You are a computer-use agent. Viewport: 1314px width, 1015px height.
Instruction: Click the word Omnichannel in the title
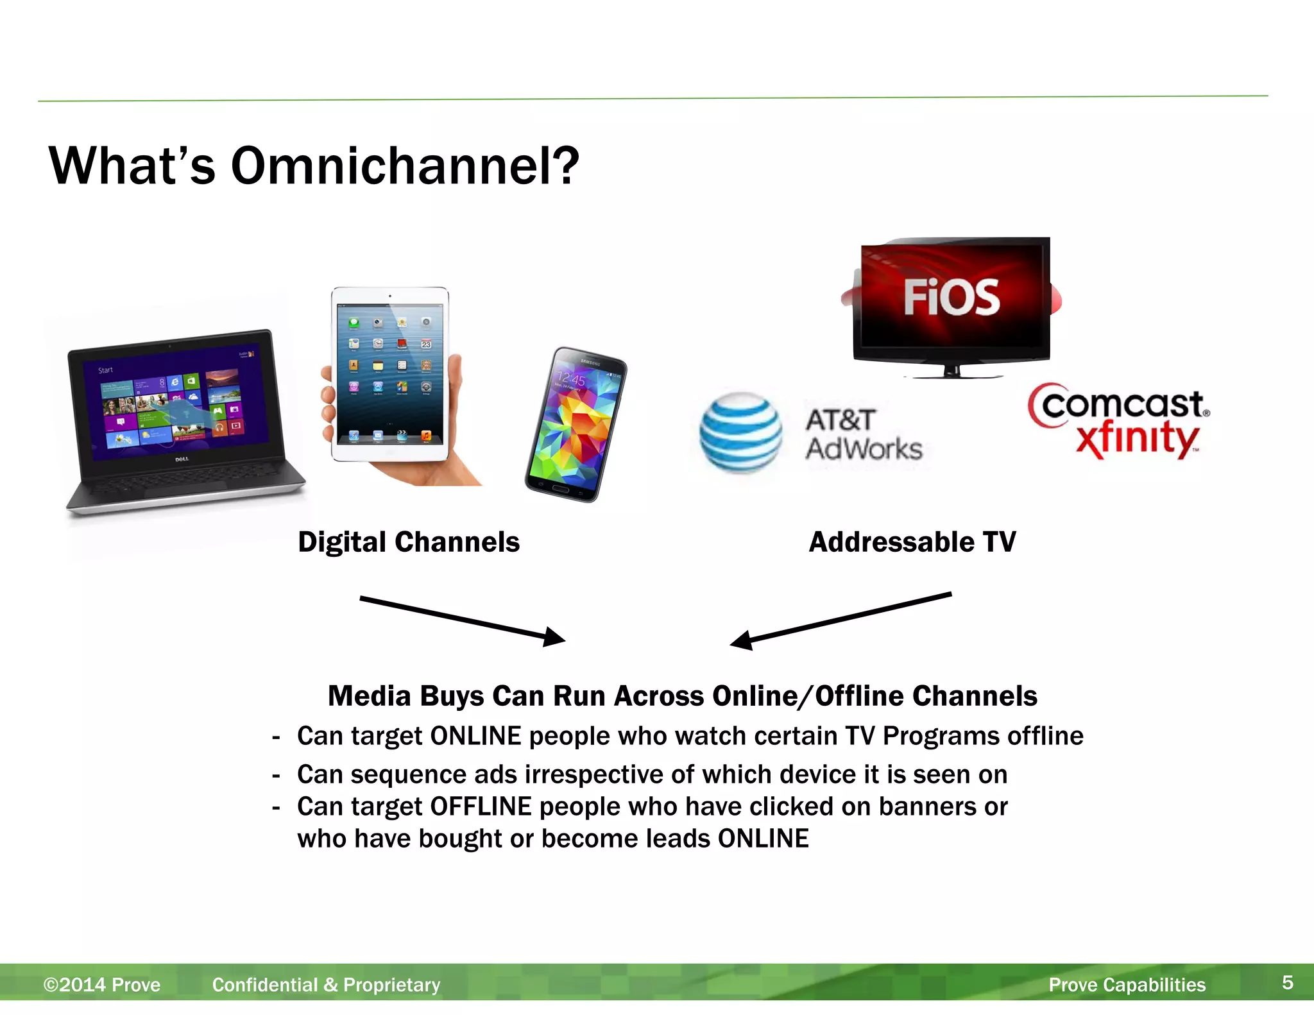tap(404, 166)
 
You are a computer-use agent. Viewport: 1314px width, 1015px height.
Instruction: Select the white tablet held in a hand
tap(389, 375)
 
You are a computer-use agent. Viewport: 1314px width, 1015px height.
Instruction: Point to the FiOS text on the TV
tap(951, 297)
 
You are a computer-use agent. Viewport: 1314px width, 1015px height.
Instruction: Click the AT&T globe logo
tap(740, 432)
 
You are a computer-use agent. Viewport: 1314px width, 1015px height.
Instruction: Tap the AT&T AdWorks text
tap(863, 434)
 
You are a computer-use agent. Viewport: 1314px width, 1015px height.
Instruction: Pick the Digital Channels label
tap(409, 542)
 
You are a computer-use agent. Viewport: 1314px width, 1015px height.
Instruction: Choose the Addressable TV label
tap(912, 542)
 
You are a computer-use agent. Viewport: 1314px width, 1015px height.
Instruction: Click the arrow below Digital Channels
tap(462, 618)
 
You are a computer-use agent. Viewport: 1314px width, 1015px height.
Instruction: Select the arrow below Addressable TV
tap(840, 620)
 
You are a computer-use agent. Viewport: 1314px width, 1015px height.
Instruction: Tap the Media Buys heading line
tap(682, 696)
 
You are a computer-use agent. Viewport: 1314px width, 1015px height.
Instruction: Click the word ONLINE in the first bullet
tap(475, 736)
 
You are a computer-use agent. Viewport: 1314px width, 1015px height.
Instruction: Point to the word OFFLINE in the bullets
tap(481, 806)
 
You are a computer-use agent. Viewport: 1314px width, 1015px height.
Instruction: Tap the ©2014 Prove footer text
tap(101, 985)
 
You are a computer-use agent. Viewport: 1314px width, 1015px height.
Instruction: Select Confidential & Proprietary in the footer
tap(326, 985)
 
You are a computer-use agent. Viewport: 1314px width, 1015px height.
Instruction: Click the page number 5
tap(1287, 982)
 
